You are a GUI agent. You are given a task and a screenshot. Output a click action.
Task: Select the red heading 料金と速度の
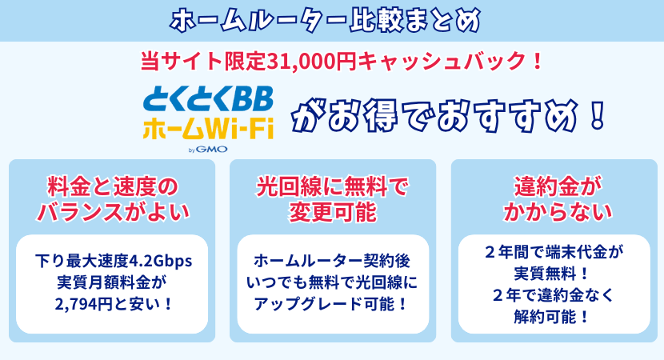pos(111,187)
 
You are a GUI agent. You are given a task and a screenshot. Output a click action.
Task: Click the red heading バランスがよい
pos(111,212)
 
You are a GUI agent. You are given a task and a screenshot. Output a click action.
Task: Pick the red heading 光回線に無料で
pos(332,187)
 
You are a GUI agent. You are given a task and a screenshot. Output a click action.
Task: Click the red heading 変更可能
pos(332,212)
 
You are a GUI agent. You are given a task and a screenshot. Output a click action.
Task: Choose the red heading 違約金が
pos(553,187)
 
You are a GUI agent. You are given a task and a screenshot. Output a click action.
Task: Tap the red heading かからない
pos(553,212)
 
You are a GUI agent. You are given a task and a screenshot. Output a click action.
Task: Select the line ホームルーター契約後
pos(332,261)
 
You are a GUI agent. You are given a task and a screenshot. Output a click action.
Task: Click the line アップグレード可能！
pos(332,303)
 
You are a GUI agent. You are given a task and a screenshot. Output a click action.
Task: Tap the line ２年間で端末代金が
pos(553,253)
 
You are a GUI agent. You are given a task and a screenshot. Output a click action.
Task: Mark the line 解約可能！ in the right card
pos(553,316)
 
